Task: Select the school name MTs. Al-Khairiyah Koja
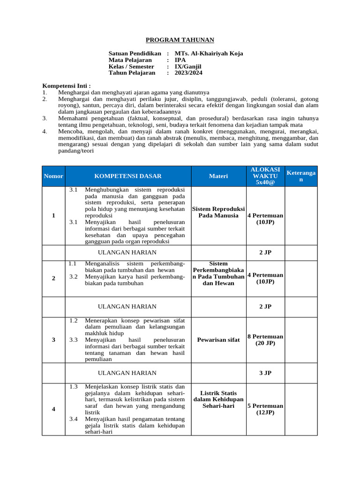click(x=209, y=53)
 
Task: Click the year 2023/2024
click(x=188, y=73)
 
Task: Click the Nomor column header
click(x=53, y=176)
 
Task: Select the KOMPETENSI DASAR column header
click(x=127, y=176)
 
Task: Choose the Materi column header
click(x=218, y=176)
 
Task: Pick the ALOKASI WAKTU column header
click(x=265, y=176)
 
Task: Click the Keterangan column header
click(x=301, y=176)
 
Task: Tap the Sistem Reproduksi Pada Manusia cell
click(x=218, y=212)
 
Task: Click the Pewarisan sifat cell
click(x=218, y=340)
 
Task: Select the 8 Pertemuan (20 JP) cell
click(x=265, y=340)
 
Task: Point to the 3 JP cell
click(x=265, y=373)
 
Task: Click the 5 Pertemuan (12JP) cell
click(x=265, y=409)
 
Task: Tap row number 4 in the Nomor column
click(x=53, y=409)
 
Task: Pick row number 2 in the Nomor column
click(x=53, y=278)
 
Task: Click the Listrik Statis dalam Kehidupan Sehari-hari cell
click(x=218, y=399)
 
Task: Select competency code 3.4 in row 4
click(x=73, y=419)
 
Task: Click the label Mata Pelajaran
click(x=130, y=60)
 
